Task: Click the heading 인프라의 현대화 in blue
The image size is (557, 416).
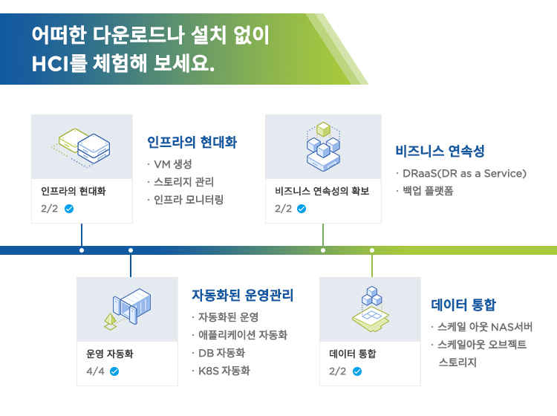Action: tap(192, 142)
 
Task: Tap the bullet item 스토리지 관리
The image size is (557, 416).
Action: tap(183, 182)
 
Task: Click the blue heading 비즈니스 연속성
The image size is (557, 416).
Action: tap(440, 152)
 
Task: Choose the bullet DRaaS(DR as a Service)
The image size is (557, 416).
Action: tap(464, 173)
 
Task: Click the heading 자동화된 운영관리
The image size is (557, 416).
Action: tap(242, 295)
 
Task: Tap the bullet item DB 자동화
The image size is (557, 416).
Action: tap(221, 353)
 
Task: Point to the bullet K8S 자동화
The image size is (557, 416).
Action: tap(224, 371)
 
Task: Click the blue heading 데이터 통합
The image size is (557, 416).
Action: tap(463, 305)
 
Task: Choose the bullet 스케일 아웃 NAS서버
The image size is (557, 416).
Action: tap(485, 327)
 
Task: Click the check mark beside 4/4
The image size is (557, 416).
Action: tap(114, 371)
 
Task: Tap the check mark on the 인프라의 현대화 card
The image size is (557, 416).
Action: tap(69, 209)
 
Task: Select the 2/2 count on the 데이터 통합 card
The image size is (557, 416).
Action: tap(337, 371)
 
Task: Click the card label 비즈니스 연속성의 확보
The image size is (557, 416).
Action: tap(322, 191)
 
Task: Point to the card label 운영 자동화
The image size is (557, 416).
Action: tap(109, 354)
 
